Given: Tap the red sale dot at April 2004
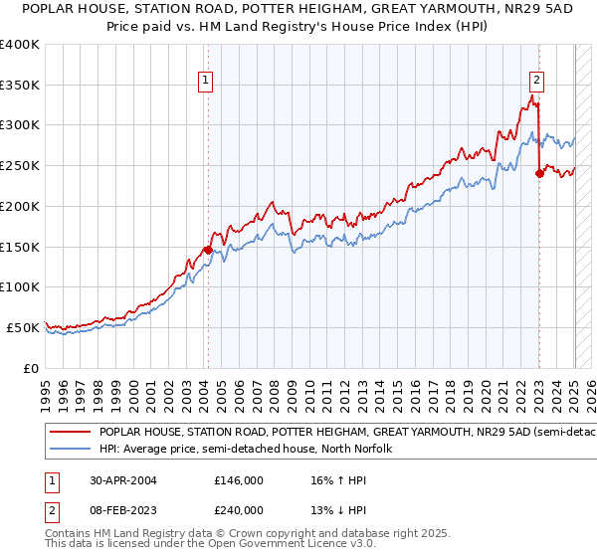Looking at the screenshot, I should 208,250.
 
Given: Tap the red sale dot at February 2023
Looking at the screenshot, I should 539,173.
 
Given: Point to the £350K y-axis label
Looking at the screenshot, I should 20,86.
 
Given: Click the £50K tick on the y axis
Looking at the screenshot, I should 23,327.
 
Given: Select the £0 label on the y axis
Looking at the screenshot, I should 31,368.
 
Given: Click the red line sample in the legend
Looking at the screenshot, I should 70,433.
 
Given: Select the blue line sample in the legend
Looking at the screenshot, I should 70,450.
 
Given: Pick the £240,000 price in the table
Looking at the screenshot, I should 238,509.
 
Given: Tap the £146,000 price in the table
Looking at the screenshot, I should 238,479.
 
